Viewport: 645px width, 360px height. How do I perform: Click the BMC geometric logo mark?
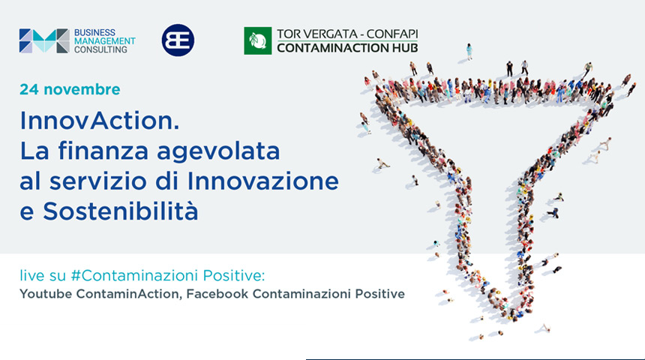pyautogui.click(x=44, y=40)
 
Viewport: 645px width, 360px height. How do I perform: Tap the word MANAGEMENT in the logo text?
pyautogui.click(x=104, y=41)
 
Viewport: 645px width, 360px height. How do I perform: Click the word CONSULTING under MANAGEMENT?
pyautogui.click(x=100, y=49)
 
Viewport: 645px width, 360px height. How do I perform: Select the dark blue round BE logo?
pyautogui.click(x=178, y=40)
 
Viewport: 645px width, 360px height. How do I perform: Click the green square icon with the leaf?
pyautogui.click(x=257, y=40)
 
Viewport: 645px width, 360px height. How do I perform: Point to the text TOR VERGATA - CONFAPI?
pyautogui.click(x=347, y=34)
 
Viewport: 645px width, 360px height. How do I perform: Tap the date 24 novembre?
pyautogui.click(x=70, y=89)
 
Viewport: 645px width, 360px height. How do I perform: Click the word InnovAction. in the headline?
pyautogui.click(x=100, y=121)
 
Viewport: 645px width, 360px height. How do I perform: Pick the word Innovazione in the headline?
pyautogui.click(x=262, y=181)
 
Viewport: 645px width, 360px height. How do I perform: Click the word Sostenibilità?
pyautogui.click(x=121, y=211)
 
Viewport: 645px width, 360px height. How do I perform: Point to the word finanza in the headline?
pyautogui.click(x=103, y=151)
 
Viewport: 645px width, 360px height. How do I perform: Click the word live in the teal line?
pyautogui.click(x=31, y=275)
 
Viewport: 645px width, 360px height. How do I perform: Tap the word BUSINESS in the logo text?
pyautogui.click(x=94, y=32)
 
